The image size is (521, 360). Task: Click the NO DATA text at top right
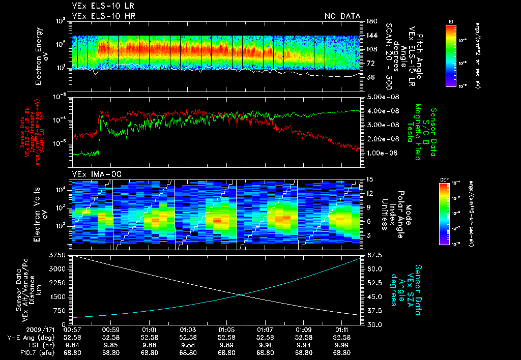coord(342,16)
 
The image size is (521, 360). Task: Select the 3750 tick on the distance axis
coord(61,255)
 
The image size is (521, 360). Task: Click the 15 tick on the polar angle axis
coord(369,179)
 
